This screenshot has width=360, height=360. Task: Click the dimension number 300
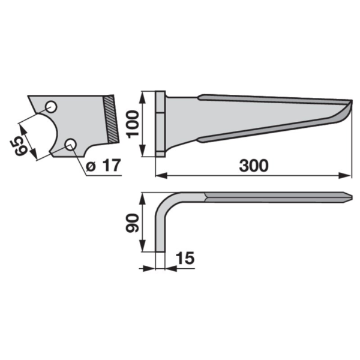pyautogui.click(x=254, y=166)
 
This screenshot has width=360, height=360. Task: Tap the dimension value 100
pyautogui.click(x=133, y=124)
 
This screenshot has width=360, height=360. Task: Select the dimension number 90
pyautogui.click(x=133, y=223)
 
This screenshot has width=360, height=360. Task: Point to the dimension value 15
pyautogui.click(x=185, y=258)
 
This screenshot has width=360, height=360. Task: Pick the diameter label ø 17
pyautogui.click(x=103, y=166)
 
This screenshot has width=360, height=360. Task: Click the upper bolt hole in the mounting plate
pyautogui.click(x=51, y=107)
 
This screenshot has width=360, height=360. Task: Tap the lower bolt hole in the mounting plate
pyautogui.click(x=71, y=145)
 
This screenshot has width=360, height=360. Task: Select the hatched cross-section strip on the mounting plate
pyautogui.click(x=111, y=119)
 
